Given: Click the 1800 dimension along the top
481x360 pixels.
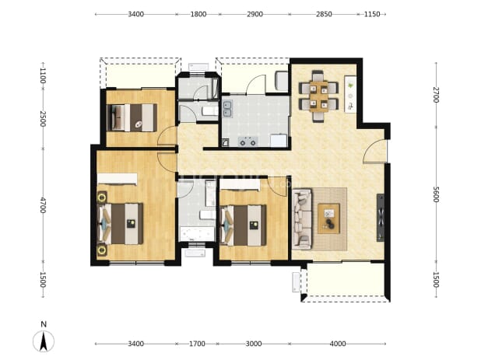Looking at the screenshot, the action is (198, 14).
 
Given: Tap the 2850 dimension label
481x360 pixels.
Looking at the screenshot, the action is (324, 14).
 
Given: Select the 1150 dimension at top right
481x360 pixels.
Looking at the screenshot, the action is (372, 14).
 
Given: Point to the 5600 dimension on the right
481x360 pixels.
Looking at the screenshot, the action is (436, 194).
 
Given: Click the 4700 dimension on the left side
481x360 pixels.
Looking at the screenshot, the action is (43, 205).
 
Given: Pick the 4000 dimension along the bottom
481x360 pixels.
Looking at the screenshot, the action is (338, 344).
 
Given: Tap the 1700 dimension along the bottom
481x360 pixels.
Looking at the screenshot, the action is (197, 344).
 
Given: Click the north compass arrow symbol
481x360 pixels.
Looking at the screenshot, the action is (44, 341).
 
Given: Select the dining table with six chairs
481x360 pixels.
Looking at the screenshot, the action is (318, 96).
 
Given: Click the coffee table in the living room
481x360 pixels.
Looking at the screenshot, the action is (328, 218).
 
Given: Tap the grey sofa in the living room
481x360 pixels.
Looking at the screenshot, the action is (302, 218).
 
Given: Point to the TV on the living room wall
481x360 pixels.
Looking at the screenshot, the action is (381, 217).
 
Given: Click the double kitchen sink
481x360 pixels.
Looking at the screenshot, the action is (227, 109).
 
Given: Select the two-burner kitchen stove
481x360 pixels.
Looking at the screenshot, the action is (248, 142).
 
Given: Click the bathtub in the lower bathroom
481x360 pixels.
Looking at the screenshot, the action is (197, 234).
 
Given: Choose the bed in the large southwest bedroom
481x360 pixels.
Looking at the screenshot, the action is (120, 224).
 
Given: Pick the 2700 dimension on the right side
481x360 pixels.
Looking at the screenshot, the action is (436, 95).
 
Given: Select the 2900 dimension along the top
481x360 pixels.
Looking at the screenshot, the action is (255, 14).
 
